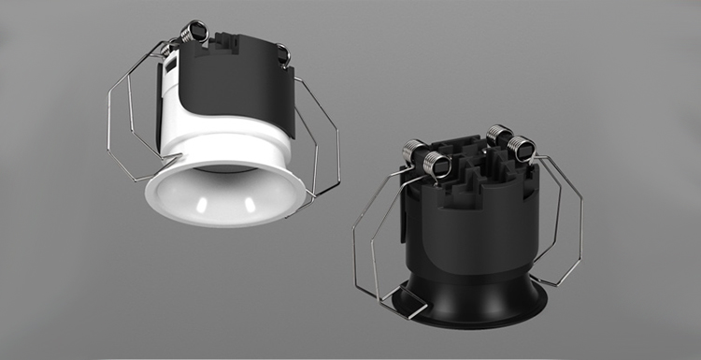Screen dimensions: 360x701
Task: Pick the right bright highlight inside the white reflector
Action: point(254,200)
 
